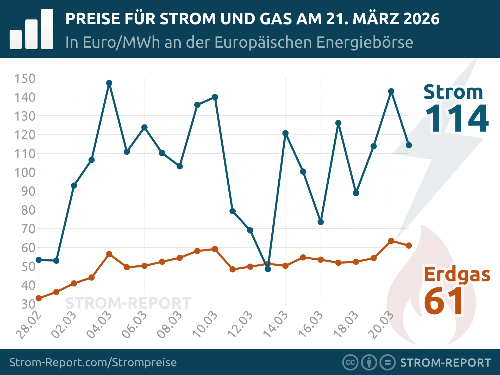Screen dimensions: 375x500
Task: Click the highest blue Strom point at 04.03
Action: coord(109,83)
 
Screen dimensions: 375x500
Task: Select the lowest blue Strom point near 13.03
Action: coord(268,269)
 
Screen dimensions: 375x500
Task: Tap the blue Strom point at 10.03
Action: coord(215,97)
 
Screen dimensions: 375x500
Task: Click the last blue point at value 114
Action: coord(409,145)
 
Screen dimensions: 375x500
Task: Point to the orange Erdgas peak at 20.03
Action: coord(391,241)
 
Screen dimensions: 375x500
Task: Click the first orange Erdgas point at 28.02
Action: coord(39,298)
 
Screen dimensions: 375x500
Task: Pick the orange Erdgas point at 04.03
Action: coord(109,254)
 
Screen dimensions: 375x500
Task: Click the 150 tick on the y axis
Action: coord(25,79)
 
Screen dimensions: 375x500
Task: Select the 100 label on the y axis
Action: coord(25,173)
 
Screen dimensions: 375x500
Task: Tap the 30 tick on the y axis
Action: coord(28,304)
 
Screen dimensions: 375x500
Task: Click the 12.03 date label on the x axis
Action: coord(240,324)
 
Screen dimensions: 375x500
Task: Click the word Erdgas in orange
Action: coord(457,274)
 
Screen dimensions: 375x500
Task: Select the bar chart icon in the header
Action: coord(32,29)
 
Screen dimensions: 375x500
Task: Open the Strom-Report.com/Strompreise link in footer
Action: coord(93,362)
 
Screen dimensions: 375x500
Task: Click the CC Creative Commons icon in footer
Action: coord(350,362)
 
